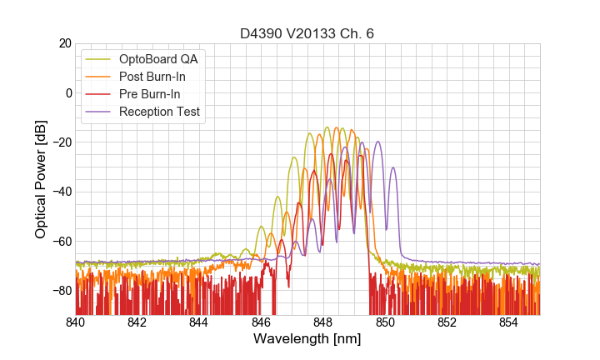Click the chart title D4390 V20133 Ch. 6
point(307,33)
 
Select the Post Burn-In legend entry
point(158,77)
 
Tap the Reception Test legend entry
point(165,112)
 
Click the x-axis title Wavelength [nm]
point(307,339)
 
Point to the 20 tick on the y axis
point(62,43)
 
